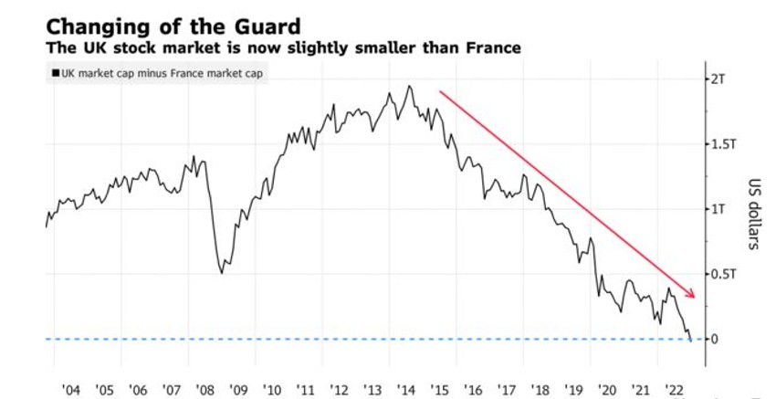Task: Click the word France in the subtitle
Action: click(x=488, y=47)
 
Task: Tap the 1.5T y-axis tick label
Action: click(x=720, y=144)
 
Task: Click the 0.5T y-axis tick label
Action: click(x=720, y=274)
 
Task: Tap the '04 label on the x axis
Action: click(x=69, y=390)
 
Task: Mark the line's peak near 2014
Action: click(x=409, y=87)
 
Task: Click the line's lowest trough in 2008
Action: click(x=223, y=272)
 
